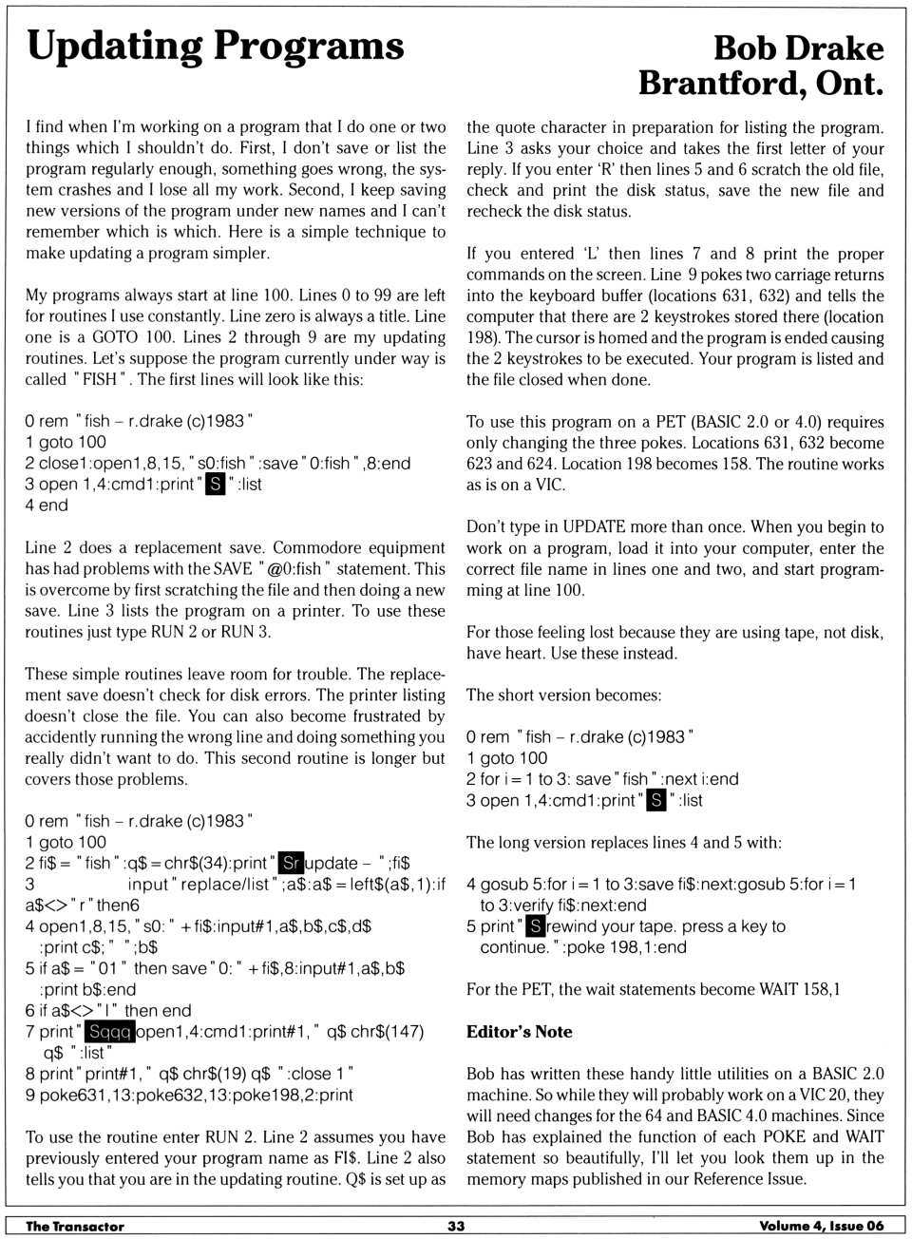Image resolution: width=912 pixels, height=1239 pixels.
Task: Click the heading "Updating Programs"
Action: pyautogui.click(x=216, y=46)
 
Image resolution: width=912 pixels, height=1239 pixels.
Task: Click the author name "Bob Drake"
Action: pyautogui.click(x=798, y=48)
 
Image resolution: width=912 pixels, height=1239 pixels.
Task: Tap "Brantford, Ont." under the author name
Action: pyautogui.click(x=760, y=84)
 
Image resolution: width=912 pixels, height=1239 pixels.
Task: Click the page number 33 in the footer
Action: pyautogui.click(x=456, y=1226)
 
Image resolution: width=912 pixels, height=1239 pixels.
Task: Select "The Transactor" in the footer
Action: pyautogui.click(x=75, y=1226)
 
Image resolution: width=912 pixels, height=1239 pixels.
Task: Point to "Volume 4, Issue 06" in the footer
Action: pyautogui.click(x=821, y=1226)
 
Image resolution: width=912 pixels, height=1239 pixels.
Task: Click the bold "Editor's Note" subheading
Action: pyautogui.click(x=519, y=1032)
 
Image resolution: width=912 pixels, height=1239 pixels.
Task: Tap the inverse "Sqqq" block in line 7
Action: pyautogui.click(x=110, y=1032)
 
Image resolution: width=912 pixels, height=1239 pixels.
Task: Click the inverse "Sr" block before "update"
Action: pyautogui.click(x=292, y=864)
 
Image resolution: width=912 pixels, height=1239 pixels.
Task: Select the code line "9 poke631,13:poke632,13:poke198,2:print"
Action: pyautogui.click(x=189, y=1095)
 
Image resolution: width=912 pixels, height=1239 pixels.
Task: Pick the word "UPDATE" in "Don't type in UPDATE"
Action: pyautogui.click(x=594, y=527)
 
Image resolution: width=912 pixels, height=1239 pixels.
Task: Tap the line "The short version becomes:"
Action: pyautogui.click(x=563, y=695)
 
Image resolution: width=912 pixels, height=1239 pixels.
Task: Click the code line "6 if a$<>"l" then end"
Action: pyautogui.click(x=108, y=1010)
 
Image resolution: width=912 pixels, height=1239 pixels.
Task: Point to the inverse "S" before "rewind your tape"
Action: pyautogui.click(x=536, y=926)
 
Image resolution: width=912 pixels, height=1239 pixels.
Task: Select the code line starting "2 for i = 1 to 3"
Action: pyautogui.click(x=602, y=779)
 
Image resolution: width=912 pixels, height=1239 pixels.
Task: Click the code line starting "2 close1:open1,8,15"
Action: pyautogui.click(x=218, y=463)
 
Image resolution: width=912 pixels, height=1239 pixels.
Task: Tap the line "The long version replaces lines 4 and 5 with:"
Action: pyautogui.click(x=624, y=842)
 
